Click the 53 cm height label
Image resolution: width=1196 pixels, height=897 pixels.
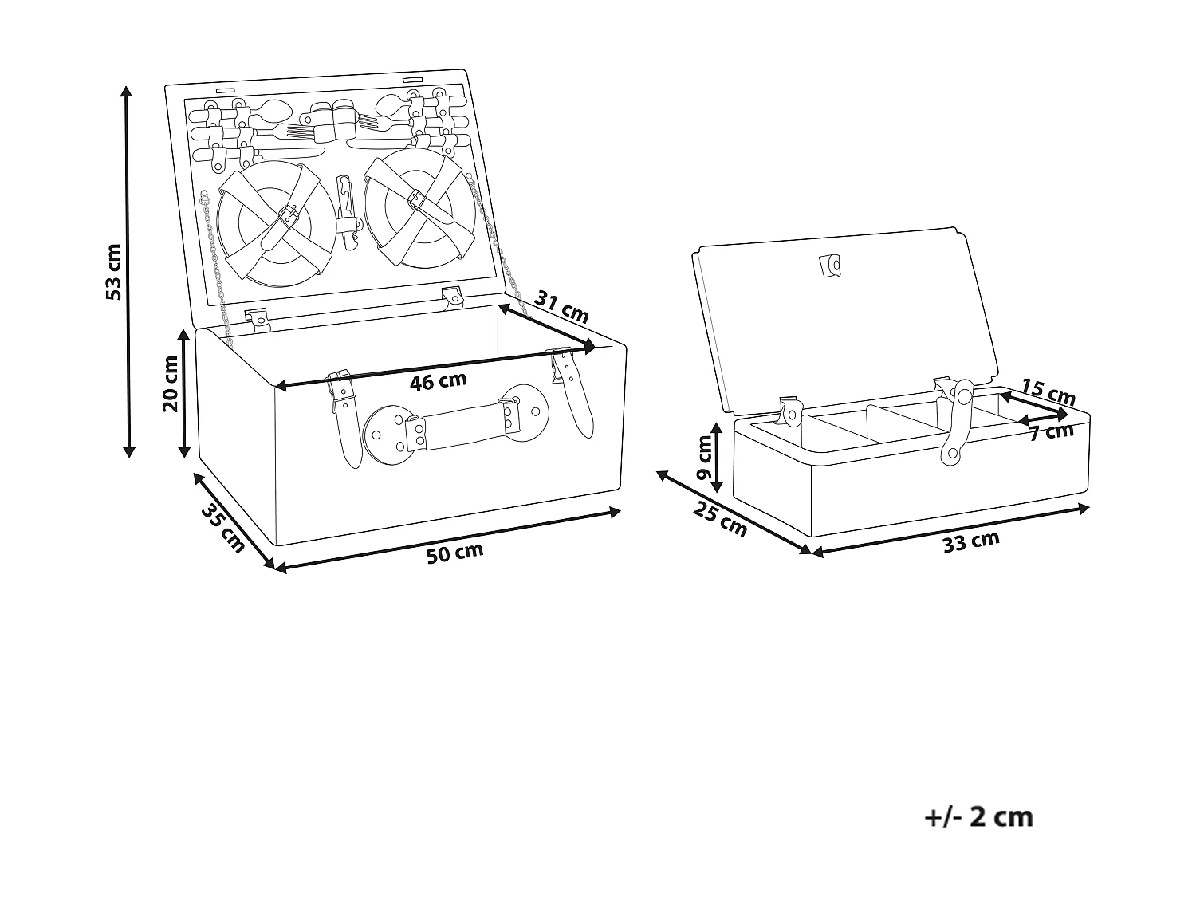[x=113, y=272]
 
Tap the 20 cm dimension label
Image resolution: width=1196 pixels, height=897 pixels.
[x=171, y=384]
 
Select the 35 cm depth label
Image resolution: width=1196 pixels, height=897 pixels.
[x=223, y=529]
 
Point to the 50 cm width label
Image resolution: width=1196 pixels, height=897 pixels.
[x=454, y=553]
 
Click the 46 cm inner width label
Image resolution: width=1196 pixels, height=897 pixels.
[x=438, y=380]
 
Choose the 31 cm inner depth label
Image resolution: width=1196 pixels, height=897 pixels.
[x=562, y=307]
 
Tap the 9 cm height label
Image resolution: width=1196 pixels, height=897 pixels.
[x=704, y=458]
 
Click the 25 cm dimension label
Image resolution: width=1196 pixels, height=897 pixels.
[x=720, y=520]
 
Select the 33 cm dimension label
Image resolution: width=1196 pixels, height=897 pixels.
[x=971, y=541]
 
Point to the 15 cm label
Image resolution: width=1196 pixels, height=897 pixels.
[x=1048, y=391]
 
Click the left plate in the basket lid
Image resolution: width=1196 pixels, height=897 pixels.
[x=276, y=223]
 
